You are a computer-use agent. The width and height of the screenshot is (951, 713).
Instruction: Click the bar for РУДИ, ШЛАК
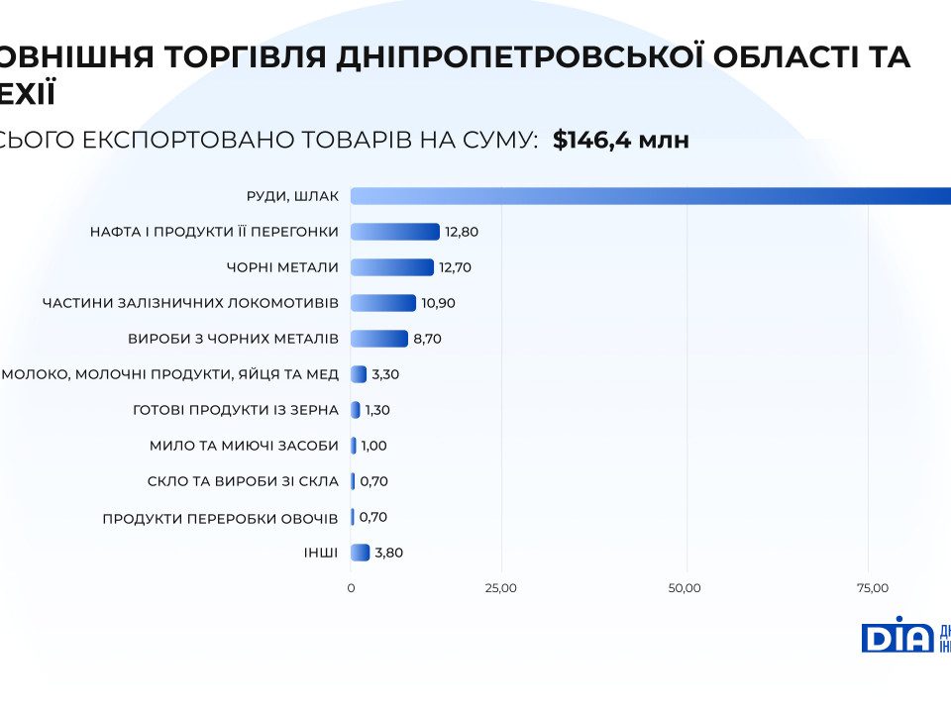(650, 196)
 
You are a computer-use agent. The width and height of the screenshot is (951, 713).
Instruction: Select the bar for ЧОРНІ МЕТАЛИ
(392, 267)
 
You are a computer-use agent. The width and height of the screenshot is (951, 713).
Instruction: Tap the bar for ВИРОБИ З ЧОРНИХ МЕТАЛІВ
(379, 339)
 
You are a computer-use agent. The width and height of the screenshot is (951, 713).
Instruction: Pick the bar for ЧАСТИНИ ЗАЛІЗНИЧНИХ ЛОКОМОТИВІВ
(383, 303)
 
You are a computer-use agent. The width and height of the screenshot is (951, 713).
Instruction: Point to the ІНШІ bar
(361, 553)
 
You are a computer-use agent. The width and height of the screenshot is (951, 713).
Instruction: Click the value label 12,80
(462, 232)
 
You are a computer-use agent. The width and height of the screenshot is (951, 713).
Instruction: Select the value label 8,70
(427, 339)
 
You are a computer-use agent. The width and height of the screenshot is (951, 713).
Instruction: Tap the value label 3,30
(384, 374)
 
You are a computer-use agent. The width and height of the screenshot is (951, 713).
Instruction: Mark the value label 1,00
(373, 446)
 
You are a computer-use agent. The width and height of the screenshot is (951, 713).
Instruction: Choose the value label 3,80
(389, 553)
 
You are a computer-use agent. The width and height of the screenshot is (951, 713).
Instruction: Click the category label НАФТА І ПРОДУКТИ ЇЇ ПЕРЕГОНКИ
(214, 232)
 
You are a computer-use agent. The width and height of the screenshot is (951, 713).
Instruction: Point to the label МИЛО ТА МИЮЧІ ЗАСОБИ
(244, 446)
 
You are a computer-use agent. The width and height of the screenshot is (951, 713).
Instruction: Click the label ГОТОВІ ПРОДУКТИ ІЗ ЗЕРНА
(235, 410)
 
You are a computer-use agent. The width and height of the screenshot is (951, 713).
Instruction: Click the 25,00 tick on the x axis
(500, 588)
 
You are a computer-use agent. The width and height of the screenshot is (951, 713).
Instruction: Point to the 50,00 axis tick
(685, 588)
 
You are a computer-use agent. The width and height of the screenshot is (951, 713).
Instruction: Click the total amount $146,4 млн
(620, 140)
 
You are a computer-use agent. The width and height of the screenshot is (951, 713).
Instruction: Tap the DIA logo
(897, 635)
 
